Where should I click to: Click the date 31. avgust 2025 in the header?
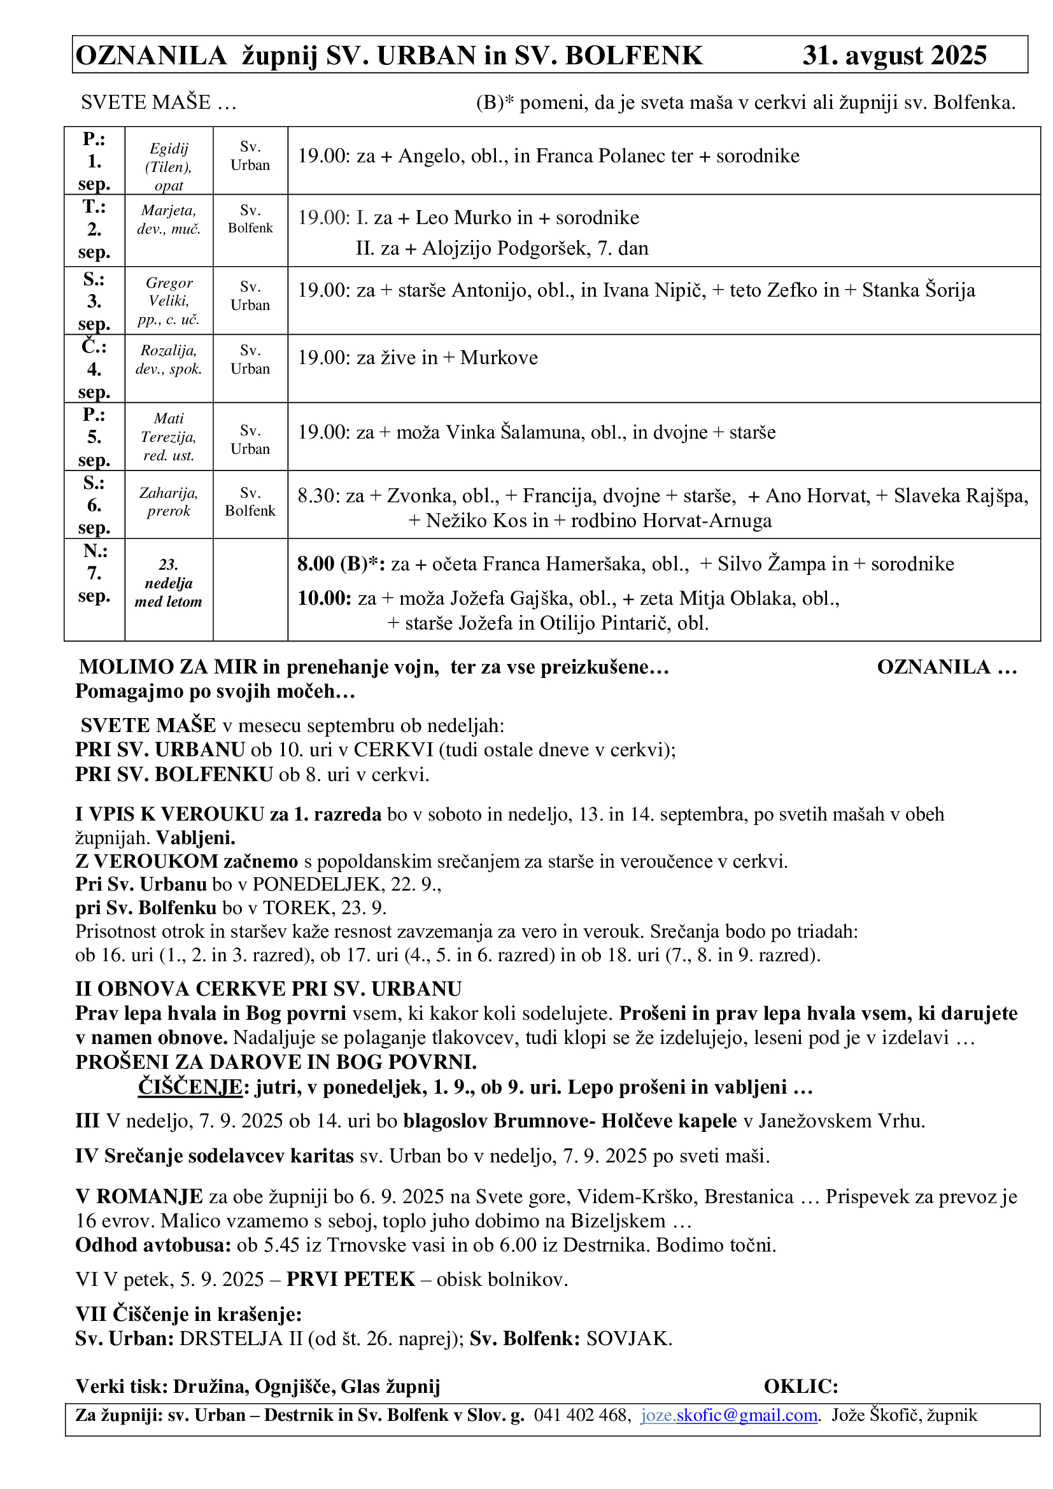894,56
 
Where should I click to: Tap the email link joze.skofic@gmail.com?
729,1415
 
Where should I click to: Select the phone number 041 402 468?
582,1415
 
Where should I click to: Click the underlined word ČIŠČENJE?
190,1086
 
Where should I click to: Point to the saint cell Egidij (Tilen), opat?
169,167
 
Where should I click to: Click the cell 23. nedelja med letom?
169,583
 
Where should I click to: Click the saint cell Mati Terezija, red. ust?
169,437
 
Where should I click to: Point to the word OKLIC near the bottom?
800,1386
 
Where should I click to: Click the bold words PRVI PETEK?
350,1279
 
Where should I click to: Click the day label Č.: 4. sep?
94,369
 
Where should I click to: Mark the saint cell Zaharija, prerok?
169,502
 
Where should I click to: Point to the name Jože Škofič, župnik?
904,1415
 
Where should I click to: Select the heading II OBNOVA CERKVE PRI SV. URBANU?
269,989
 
